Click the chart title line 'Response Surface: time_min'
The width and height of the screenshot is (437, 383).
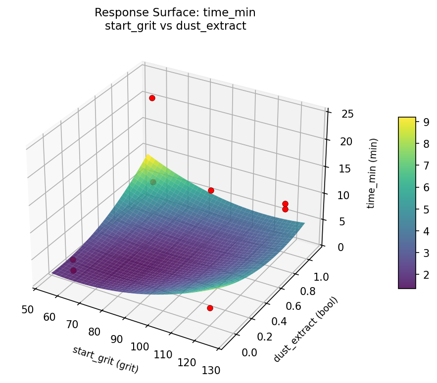pos(175,12)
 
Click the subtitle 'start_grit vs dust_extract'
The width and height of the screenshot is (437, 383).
pos(175,26)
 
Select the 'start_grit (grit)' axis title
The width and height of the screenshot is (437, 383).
pos(105,359)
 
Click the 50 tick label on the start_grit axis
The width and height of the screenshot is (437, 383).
pos(28,310)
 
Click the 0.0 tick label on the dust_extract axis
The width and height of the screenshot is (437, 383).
pos(249,352)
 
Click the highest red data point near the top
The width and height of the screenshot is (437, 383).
pos(152,98)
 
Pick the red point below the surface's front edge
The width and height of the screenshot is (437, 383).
pos(210,308)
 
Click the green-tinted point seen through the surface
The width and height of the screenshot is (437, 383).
pos(153,182)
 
